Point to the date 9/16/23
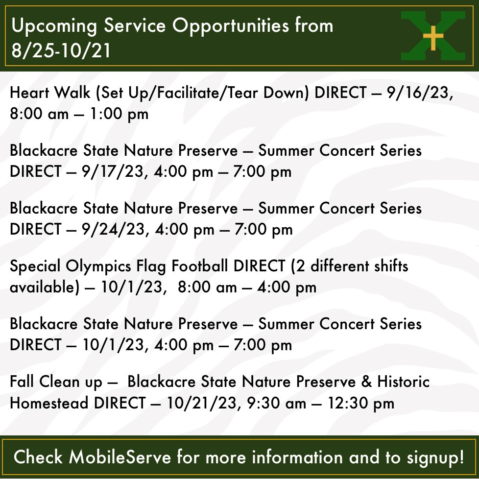[x=419, y=93]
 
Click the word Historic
[x=403, y=382]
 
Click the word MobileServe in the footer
[x=120, y=457]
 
